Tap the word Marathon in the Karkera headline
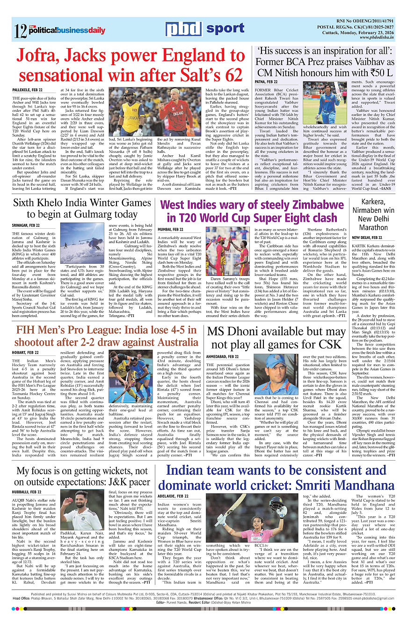click(x=373, y=228)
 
